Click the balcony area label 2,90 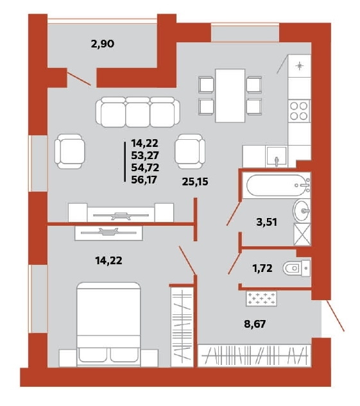pos(103,44)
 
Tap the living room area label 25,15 pos(195,182)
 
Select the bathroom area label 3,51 pos(266,222)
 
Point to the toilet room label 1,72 pos(262,268)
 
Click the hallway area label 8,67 pos(255,324)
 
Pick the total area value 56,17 pos(145,180)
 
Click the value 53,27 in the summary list pos(145,155)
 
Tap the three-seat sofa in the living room pos(137,112)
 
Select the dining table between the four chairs pos(230,96)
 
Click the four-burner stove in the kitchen pos(299,111)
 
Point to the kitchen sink pos(277,156)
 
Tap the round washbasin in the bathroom pos(302,211)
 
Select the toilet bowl pos(296,269)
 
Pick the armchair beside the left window pos(70,151)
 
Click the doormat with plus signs pos(261,298)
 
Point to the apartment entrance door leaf pos(336,316)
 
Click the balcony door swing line pos(79,79)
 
